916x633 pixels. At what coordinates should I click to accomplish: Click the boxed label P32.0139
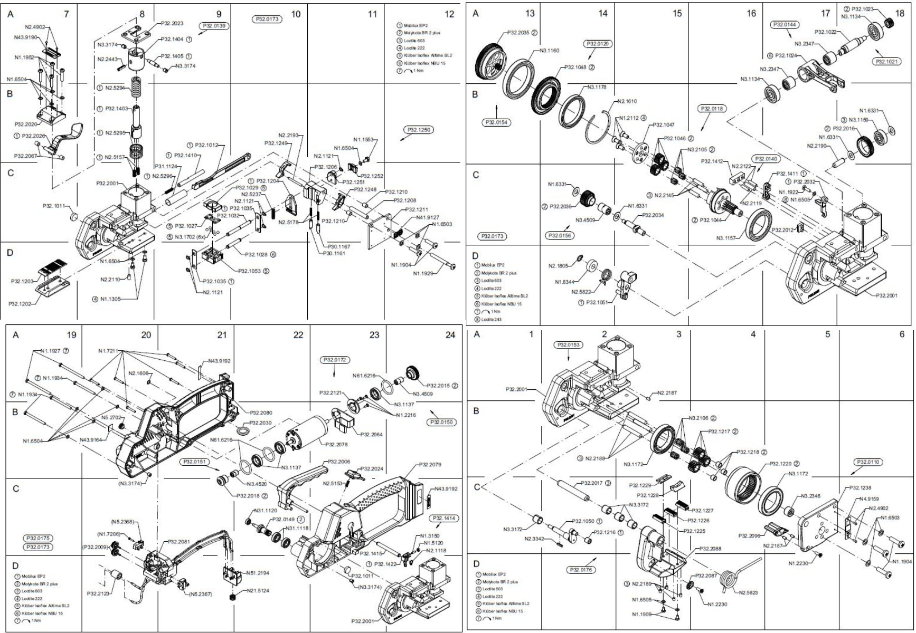[214, 26]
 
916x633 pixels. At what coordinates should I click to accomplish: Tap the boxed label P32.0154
[497, 122]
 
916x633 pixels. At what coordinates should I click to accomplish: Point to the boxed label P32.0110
[867, 462]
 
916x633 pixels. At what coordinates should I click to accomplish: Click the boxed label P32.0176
[581, 570]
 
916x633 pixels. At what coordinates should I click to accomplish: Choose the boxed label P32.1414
[443, 519]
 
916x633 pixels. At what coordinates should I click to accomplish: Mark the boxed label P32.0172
[334, 360]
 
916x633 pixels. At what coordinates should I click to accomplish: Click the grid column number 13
[530, 13]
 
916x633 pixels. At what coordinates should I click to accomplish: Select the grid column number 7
[66, 14]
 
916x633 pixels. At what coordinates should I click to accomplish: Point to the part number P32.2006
[338, 462]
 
